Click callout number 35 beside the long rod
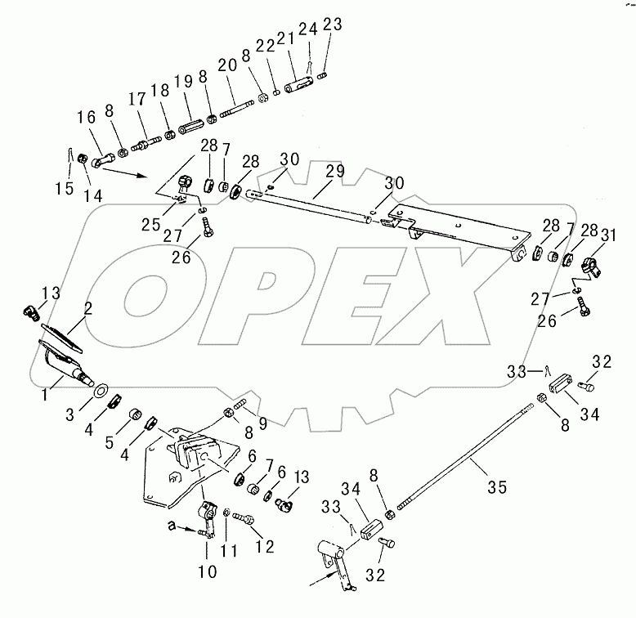(x=496, y=487)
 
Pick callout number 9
(x=262, y=423)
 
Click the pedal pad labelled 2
(x=61, y=333)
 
